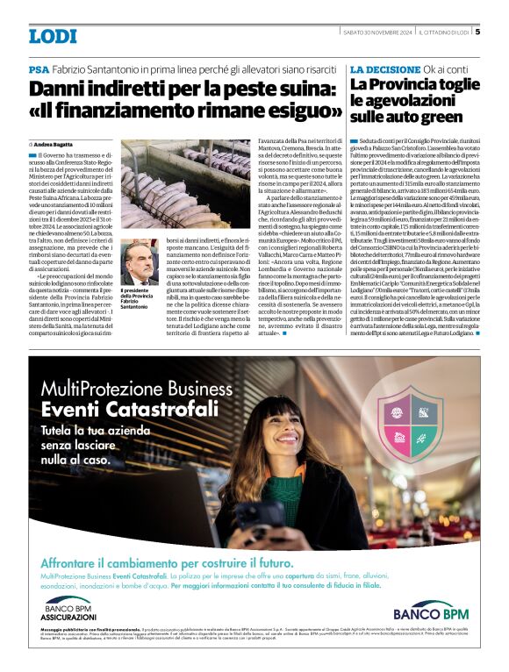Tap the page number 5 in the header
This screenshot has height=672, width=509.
coord(477,32)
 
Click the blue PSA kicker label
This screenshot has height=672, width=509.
coord(38,69)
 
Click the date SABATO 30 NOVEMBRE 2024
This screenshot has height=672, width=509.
coord(377,32)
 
